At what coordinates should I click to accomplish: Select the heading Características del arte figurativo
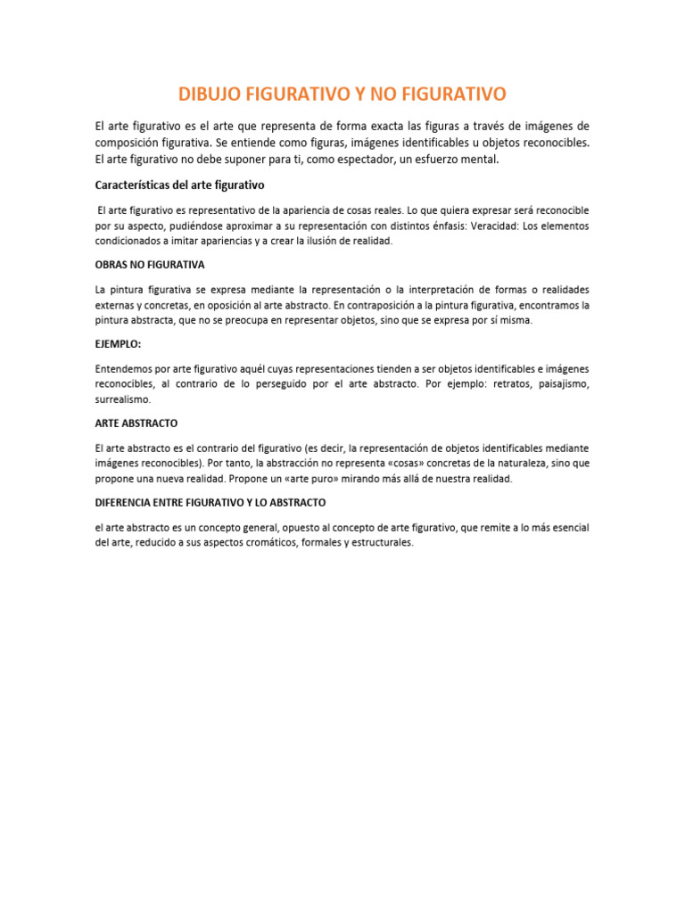[179, 185]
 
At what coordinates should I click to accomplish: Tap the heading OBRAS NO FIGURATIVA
[150, 265]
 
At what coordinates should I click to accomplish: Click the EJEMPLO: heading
[119, 343]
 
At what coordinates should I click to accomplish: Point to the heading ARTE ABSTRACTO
[136, 423]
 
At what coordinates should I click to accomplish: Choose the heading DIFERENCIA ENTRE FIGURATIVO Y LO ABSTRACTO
[210, 502]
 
